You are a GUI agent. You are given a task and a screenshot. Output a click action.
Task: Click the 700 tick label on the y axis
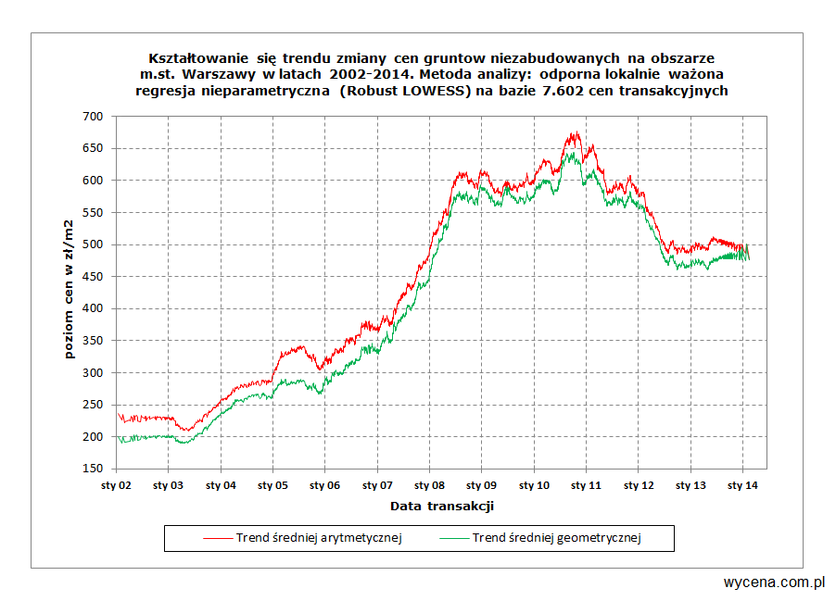point(93,116)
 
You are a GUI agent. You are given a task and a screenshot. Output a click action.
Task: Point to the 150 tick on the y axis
point(93,470)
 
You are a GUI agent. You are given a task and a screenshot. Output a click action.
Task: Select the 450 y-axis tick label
point(93,277)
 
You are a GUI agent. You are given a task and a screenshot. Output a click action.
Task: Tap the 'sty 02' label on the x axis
point(116,484)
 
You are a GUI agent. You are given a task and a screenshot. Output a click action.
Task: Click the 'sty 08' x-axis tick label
point(429,484)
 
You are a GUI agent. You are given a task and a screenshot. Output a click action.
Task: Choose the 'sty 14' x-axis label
point(742,484)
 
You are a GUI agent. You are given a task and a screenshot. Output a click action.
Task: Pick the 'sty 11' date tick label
point(586,484)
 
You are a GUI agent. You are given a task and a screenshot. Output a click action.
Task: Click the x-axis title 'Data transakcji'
point(441,506)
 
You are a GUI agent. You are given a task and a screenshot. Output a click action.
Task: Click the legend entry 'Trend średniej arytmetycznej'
point(319,538)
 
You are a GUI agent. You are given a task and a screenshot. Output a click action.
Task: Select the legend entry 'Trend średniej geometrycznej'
point(557,538)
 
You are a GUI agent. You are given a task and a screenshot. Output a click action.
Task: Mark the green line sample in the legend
point(453,538)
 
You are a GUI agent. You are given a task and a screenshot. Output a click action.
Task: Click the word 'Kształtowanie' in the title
point(194,57)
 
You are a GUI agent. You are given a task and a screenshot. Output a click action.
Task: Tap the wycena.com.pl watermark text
point(774,582)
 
